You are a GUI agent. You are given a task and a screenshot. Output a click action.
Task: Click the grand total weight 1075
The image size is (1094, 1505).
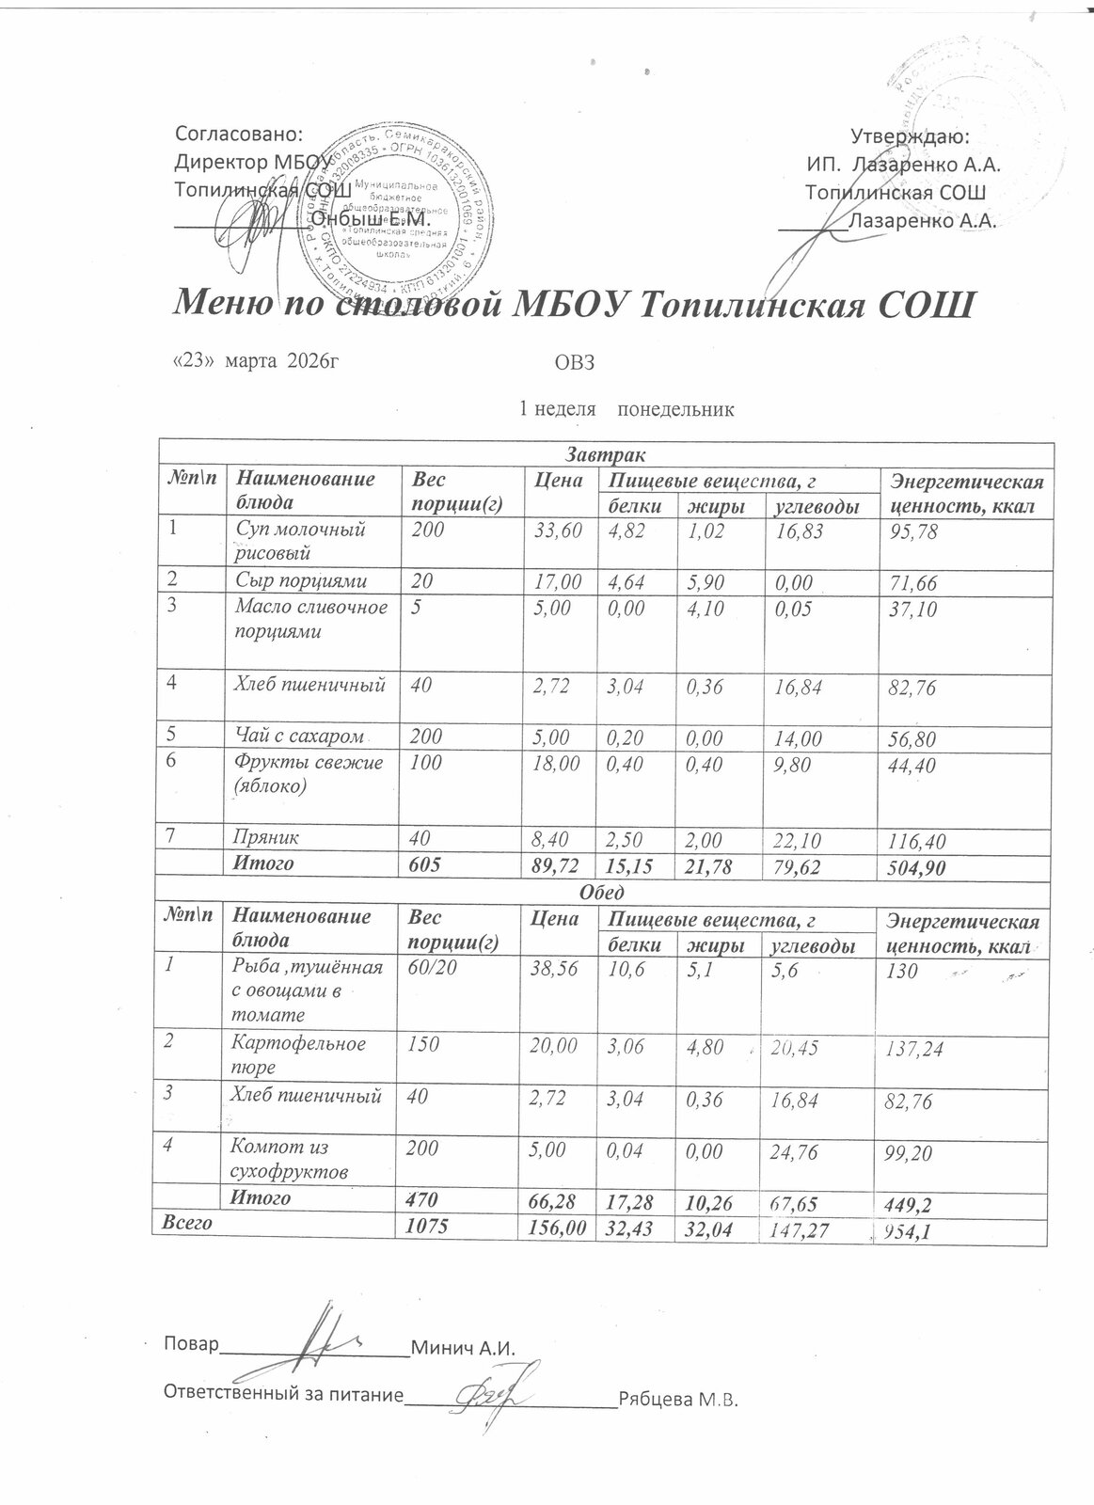(x=425, y=1227)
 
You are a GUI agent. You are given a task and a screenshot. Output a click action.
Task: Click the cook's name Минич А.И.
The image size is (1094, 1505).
(x=464, y=1347)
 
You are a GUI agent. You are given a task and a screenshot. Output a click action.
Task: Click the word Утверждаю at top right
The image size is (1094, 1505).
(x=905, y=138)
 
